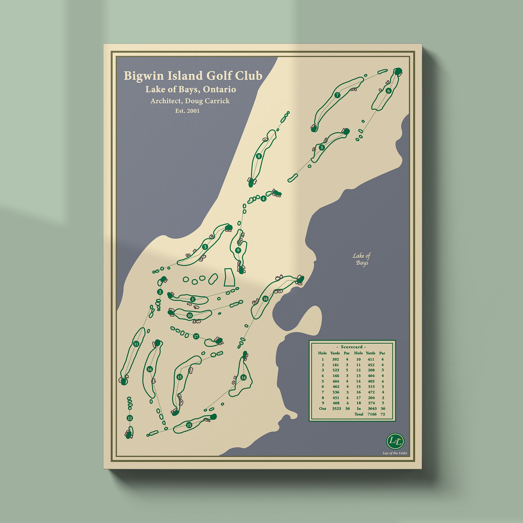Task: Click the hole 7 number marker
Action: (x=337, y=95)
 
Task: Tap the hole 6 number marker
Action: (x=389, y=91)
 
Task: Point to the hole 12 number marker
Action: (x=130, y=418)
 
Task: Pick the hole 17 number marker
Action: (x=196, y=337)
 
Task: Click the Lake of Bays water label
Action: (x=361, y=259)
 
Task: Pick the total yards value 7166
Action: (x=370, y=421)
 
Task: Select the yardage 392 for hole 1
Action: (x=335, y=360)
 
